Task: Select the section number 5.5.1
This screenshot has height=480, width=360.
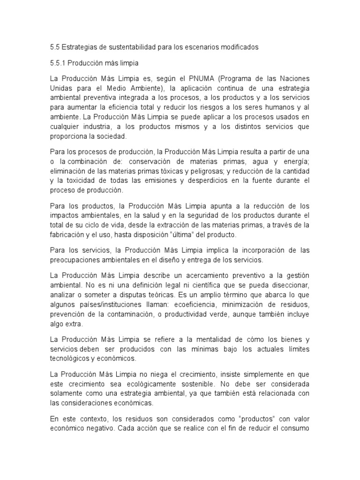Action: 59,62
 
